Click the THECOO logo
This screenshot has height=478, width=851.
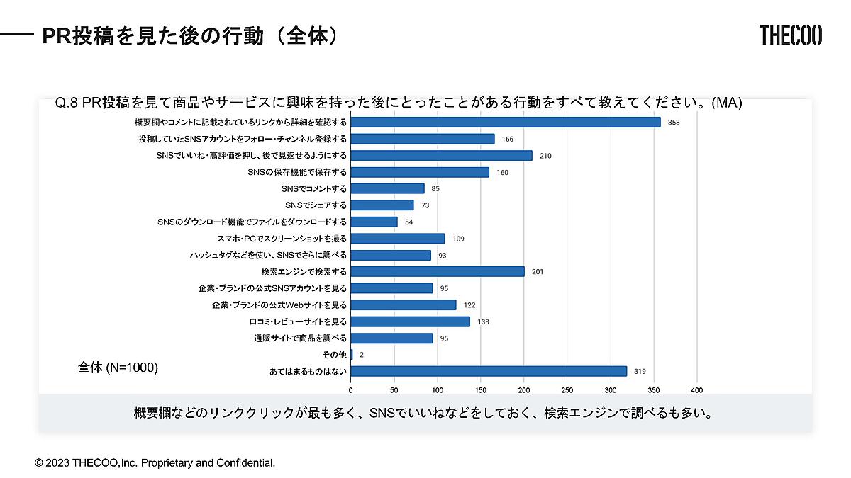[790, 35]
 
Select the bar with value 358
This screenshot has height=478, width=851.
[506, 122]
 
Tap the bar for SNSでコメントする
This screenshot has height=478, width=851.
[387, 188]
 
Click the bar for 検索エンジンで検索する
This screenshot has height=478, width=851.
[438, 271]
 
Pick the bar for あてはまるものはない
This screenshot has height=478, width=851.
[489, 371]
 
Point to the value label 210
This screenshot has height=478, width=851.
[545, 155]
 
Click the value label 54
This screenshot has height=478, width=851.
[409, 222]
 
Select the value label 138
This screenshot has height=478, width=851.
[483, 321]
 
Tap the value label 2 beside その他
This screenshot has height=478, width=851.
[362, 355]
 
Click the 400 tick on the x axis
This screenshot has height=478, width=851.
[696, 389]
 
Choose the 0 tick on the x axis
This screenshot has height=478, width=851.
[351, 389]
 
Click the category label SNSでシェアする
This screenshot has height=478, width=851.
[316, 205]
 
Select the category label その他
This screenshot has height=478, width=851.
[334, 355]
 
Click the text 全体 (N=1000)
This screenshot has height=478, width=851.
[118, 368]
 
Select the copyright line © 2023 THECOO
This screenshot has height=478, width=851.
[155, 462]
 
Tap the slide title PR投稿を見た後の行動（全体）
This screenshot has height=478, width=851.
[189, 35]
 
